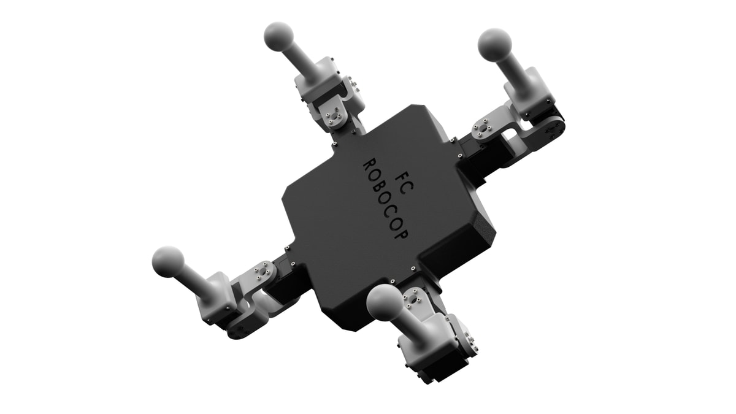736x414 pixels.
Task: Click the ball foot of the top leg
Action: click(278, 37)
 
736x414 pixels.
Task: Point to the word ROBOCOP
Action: click(384, 199)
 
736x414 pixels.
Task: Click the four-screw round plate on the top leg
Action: click(335, 112)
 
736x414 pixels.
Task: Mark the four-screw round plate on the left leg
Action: click(264, 269)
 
